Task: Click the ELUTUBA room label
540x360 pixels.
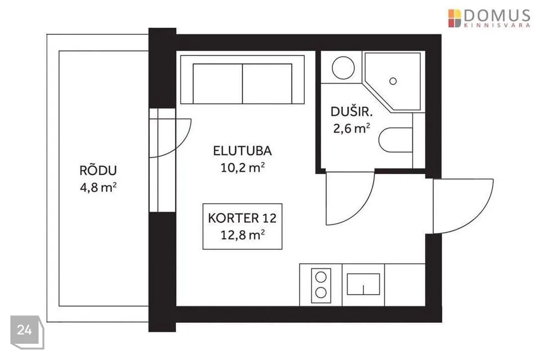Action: coord(242,151)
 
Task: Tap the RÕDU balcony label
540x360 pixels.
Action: coord(98,170)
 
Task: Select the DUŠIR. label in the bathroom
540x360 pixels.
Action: coord(352,111)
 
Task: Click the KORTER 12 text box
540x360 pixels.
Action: coord(242,226)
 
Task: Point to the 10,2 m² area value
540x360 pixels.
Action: coord(242,168)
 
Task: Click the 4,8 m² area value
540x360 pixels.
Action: coord(98,187)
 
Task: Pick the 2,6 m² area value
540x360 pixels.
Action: coord(352,128)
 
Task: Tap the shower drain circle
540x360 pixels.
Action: coord(393,82)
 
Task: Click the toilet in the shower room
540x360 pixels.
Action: coord(395,140)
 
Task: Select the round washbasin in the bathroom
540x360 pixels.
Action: coord(343,68)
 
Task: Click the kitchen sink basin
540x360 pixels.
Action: coord(363,284)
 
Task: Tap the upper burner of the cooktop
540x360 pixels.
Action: coord(321,277)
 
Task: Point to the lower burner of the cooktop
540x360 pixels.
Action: coord(321,292)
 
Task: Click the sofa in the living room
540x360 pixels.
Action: coord(242,79)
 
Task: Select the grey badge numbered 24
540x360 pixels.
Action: coord(27,332)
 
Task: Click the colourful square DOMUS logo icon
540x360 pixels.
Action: coord(454,18)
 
